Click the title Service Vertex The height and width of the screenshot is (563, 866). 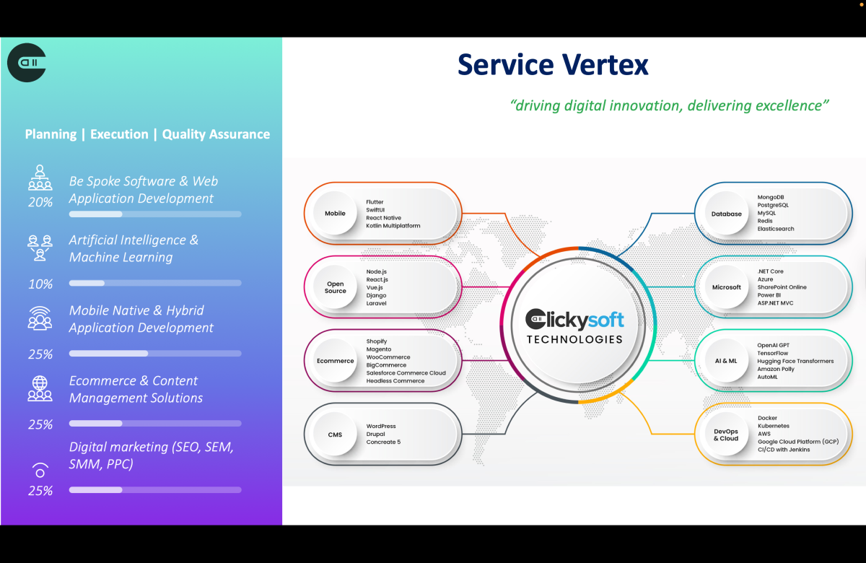(553, 65)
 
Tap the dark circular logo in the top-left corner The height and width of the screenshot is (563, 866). (27, 62)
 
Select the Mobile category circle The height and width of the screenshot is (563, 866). (335, 214)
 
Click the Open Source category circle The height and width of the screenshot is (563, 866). (336, 287)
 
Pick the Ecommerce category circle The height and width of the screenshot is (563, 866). (336, 361)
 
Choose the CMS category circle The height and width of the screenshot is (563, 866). (335, 435)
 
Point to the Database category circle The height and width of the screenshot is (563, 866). (727, 214)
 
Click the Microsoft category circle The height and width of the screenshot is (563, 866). (727, 287)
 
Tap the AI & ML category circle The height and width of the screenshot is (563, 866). (727, 361)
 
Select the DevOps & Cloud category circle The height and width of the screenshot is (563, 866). (727, 435)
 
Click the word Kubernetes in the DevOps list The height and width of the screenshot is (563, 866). (774, 426)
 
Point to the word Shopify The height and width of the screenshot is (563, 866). (377, 341)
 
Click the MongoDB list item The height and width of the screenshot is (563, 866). (771, 197)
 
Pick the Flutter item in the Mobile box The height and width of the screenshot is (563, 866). (375, 202)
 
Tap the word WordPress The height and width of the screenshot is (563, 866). (381, 426)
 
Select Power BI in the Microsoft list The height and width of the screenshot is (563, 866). (769, 295)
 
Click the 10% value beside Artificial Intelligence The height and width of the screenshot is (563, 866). (40, 284)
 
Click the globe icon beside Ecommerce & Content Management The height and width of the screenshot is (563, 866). (40, 383)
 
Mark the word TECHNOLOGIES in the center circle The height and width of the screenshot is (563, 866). (574, 339)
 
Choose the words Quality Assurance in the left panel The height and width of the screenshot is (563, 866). (216, 134)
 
